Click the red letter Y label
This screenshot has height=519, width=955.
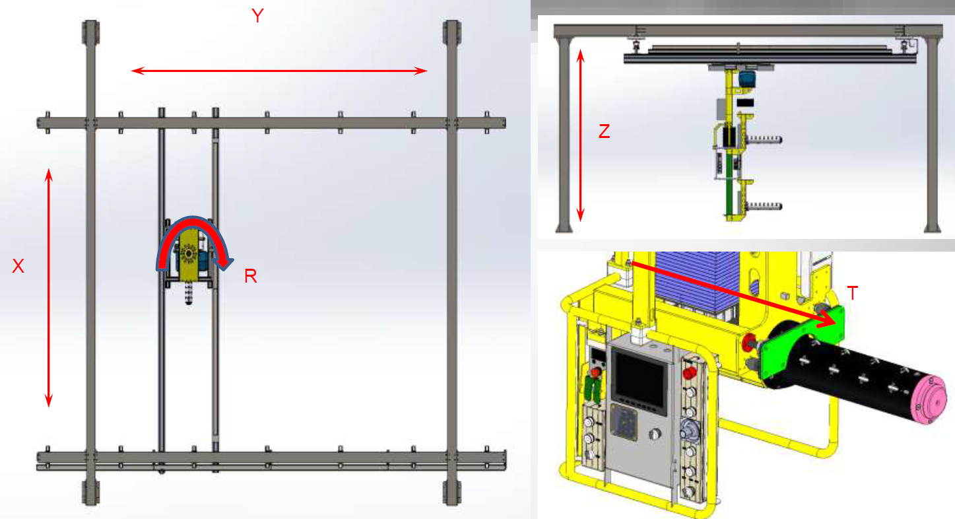257,16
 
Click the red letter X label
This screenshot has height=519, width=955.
18,266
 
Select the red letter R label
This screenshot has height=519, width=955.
251,277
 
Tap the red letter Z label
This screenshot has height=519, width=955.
604,131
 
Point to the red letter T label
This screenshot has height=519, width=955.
852,293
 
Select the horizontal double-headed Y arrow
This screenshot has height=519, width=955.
279,71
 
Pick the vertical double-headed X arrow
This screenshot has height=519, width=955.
49,288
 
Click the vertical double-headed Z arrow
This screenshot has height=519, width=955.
580,135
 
